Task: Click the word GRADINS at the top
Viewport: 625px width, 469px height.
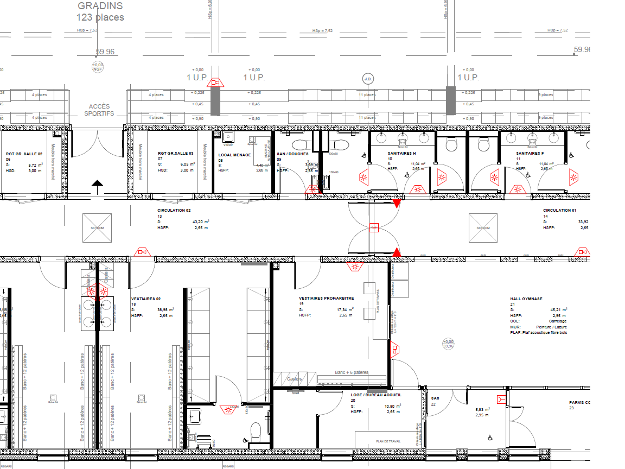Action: pyautogui.click(x=100, y=6)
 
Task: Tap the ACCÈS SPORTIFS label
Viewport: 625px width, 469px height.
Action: pyautogui.click(x=99, y=110)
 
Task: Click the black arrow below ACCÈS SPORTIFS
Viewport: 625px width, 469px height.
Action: pyautogui.click(x=97, y=187)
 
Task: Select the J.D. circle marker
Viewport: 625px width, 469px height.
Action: pyautogui.click(x=368, y=79)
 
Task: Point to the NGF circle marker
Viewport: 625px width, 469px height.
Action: pyautogui.click(x=98, y=67)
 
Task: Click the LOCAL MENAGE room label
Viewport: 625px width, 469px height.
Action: pyautogui.click(x=234, y=155)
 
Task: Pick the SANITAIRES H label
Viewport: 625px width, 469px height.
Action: pyautogui.click(x=401, y=154)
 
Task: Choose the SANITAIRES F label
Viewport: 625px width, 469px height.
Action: pyautogui.click(x=530, y=154)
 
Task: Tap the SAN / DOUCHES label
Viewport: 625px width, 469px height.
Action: pyautogui.click(x=292, y=154)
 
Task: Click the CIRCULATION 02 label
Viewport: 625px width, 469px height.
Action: pyautogui.click(x=175, y=210)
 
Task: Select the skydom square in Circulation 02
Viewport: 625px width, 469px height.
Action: pyautogui.click(x=97, y=228)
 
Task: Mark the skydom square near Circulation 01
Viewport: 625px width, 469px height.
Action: pyautogui.click(x=483, y=228)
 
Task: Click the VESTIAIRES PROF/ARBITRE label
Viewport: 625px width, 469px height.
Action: pyautogui.click(x=327, y=298)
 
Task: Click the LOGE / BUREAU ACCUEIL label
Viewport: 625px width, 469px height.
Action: pyautogui.click(x=375, y=395)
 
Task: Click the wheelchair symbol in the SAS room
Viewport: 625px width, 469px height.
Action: pyautogui.click(x=490, y=437)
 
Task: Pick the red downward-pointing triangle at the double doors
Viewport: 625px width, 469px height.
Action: pyautogui.click(x=397, y=204)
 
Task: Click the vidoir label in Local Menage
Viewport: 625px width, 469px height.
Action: pyautogui.click(x=228, y=145)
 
